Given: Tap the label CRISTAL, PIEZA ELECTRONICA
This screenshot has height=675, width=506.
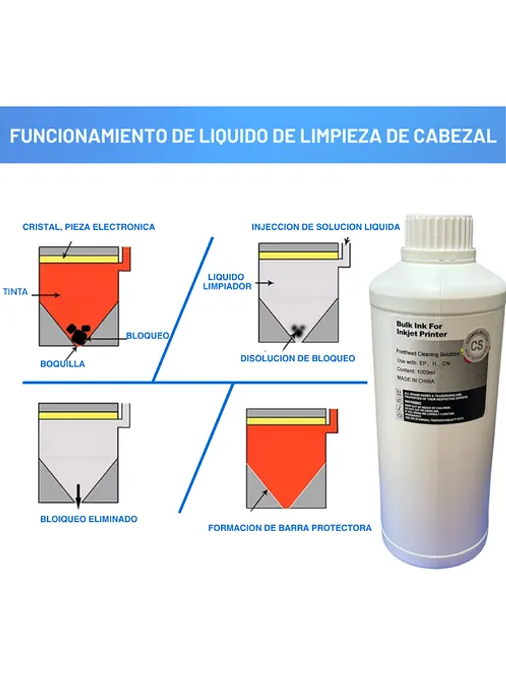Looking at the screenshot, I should tap(89, 227).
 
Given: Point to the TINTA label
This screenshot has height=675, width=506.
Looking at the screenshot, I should tap(15, 292).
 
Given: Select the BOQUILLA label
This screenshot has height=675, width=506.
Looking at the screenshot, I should tap(63, 364).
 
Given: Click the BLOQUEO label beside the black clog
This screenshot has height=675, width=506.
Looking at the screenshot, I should tap(147, 336).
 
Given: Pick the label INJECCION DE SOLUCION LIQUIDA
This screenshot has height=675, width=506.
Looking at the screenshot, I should tap(326, 227).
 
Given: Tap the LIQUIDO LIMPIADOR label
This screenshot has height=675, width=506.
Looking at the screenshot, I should tap(226, 281).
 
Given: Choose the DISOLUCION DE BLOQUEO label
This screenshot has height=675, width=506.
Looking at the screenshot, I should tap(298, 358).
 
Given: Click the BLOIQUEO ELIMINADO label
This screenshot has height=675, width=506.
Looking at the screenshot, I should tap(88, 518).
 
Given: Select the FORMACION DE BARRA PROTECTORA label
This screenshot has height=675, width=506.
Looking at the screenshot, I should tap(290, 528).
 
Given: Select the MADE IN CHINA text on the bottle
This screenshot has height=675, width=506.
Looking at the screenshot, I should tap(415, 381).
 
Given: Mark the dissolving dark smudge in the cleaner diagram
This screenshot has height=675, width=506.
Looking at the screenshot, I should tap(298, 329).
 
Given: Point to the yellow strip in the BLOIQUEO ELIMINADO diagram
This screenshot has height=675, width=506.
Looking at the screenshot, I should tap(78, 415).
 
